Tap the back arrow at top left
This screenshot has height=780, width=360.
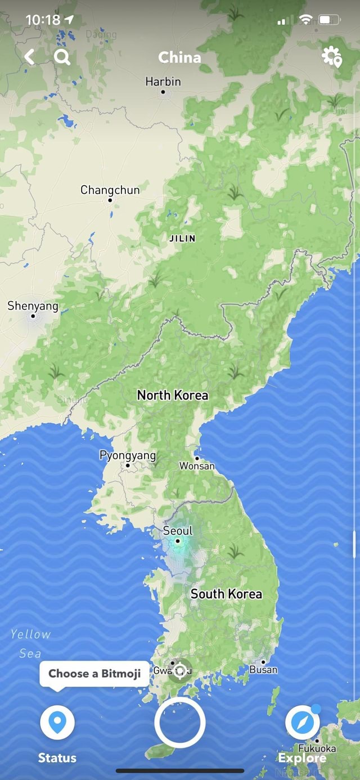(29, 57)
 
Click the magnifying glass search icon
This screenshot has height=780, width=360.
(62, 57)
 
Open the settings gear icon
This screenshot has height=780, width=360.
(331, 57)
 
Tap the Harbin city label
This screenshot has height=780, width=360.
(163, 82)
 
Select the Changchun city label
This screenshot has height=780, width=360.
(110, 190)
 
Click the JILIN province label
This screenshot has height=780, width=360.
(182, 238)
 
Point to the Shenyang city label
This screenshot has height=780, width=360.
(33, 306)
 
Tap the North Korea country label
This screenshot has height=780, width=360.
(173, 395)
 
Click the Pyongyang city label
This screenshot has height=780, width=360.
(128, 455)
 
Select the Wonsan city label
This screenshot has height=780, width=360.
(197, 465)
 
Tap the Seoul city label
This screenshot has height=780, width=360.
(178, 531)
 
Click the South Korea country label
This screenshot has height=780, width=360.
(226, 594)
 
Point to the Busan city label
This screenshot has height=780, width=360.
(263, 669)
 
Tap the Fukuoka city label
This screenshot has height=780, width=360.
(317, 748)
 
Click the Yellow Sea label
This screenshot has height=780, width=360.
(30, 644)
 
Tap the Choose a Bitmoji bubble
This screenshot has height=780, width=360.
(94, 674)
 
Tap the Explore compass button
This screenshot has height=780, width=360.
(303, 723)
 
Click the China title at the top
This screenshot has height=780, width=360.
(179, 57)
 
